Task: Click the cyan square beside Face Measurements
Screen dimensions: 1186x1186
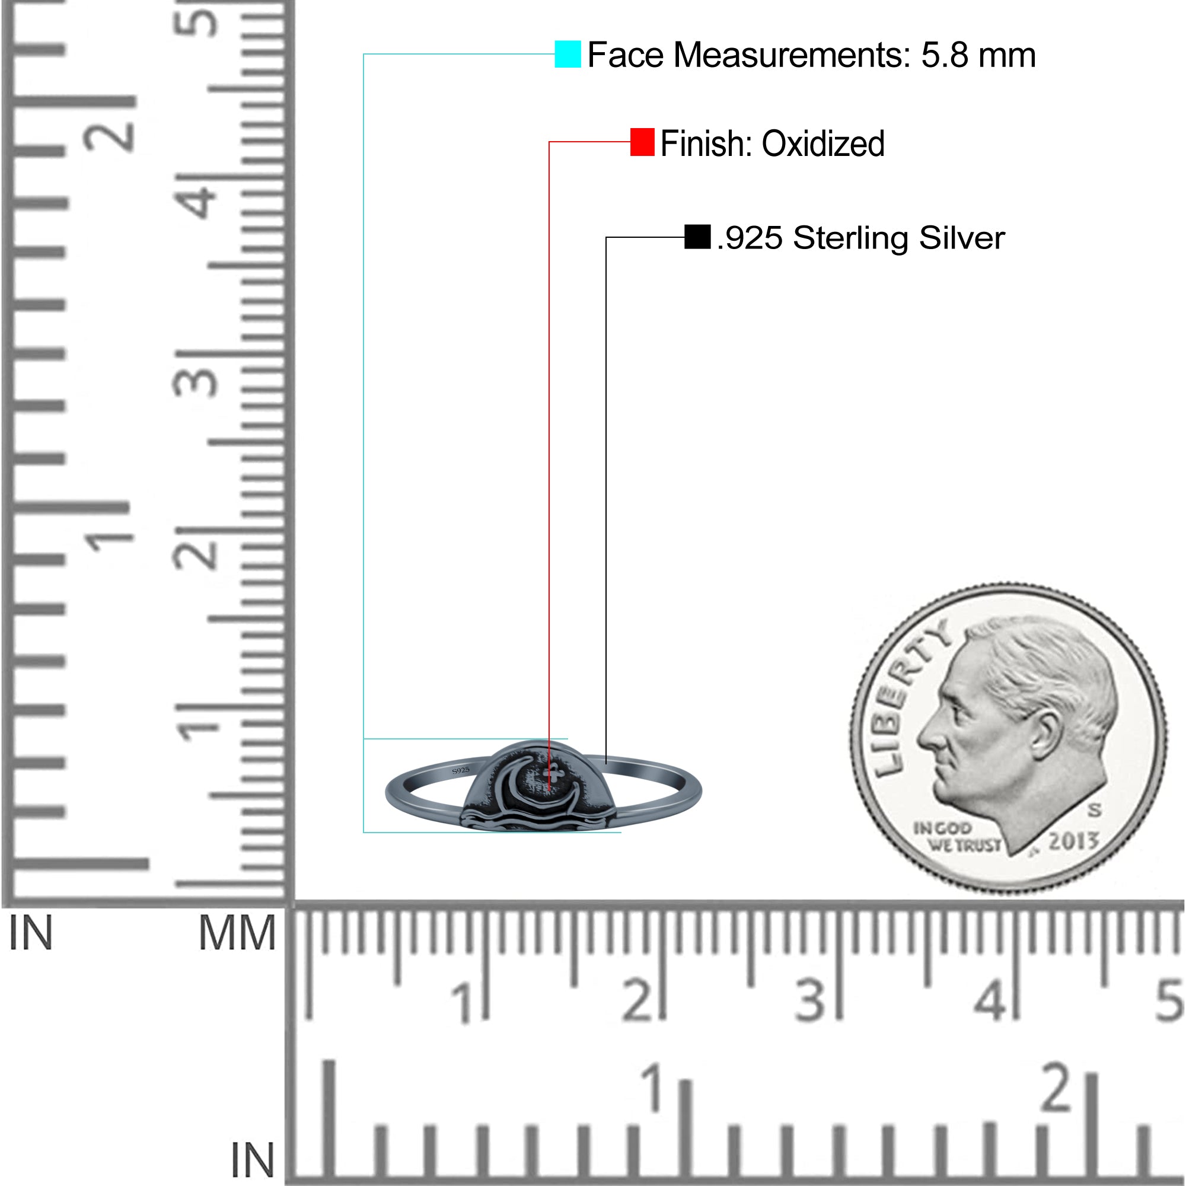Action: point(568,54)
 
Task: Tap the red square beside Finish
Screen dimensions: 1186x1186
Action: point(642,142)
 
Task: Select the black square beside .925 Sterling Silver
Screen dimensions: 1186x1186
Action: point(697,237)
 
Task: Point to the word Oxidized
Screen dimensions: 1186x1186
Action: point(823,144)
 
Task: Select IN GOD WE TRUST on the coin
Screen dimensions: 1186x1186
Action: point(956,837)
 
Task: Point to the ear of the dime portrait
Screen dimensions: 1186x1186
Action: point(1046,736)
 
